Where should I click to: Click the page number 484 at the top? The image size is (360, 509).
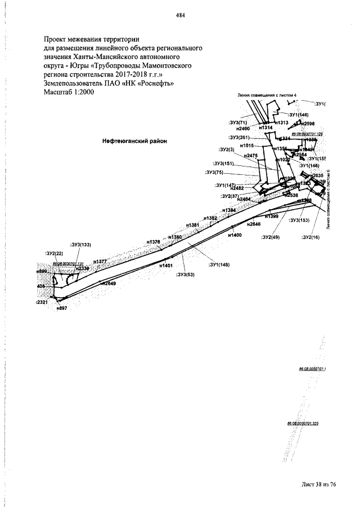tap(179, 15)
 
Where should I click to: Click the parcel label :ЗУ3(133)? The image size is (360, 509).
tap(80, 245)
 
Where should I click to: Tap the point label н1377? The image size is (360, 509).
tap(100, 262)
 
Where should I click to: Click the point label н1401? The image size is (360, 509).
tap(165, 265)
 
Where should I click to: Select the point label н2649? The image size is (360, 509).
tap(109, 283)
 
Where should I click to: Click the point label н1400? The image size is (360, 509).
tap(235, 235)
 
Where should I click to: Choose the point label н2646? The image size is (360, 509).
tap(254, 224)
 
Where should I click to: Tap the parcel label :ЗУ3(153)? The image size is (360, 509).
tap(299, 220)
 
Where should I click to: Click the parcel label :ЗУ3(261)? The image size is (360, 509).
tap(239, 137)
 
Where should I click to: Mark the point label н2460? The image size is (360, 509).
tap(250, 129)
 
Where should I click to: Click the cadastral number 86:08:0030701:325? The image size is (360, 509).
tap(303, 423)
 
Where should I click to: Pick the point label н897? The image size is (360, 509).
tap(62, 308)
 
